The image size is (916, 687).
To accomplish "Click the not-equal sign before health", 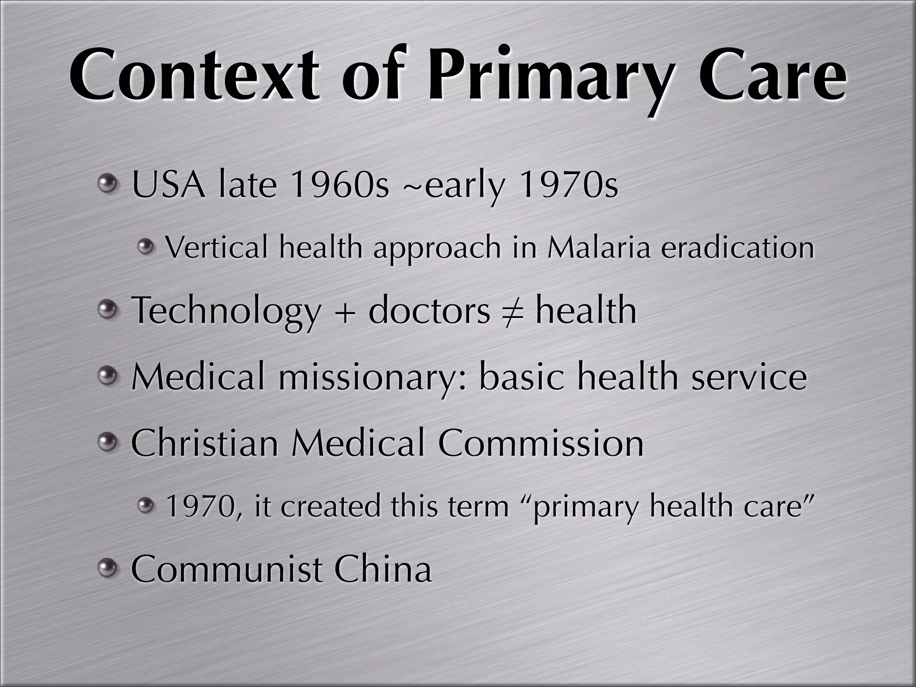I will click(513, 311).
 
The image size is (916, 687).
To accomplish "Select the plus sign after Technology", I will click(344, 312).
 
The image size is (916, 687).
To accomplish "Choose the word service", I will click(749, 377).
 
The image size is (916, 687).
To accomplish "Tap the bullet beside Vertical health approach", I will click(145, 246).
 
